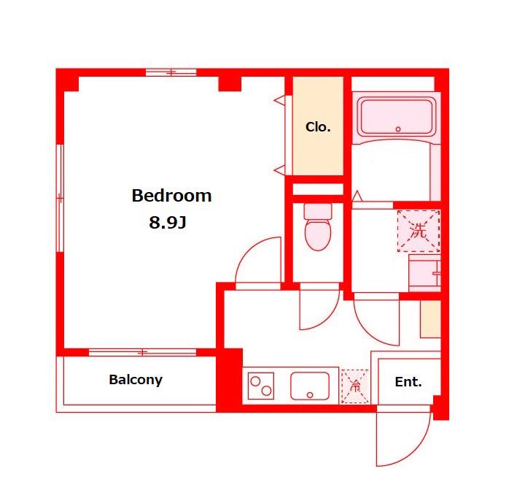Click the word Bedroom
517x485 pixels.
tap(171, 196)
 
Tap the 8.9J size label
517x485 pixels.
tap(168, 222)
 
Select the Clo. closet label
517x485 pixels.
tap(318, 127)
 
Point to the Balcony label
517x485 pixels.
tap(136, 380)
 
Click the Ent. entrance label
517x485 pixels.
tap(408, 382)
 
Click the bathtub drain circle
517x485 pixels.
tap(398, 129)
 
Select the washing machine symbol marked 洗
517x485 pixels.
tap(419, 231)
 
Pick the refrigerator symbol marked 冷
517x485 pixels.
tap(355, 386)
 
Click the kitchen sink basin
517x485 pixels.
tap(310, 386)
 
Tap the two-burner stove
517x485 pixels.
tap(261, 386)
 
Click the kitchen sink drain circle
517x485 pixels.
tap(310, 395)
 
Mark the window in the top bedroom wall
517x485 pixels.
tap(171, 72)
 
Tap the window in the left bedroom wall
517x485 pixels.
tap(60, 198)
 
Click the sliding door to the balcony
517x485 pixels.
tap(142, 352)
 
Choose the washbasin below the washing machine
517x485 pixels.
tap(424, 273)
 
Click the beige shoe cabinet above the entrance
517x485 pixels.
tap(430, 318)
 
